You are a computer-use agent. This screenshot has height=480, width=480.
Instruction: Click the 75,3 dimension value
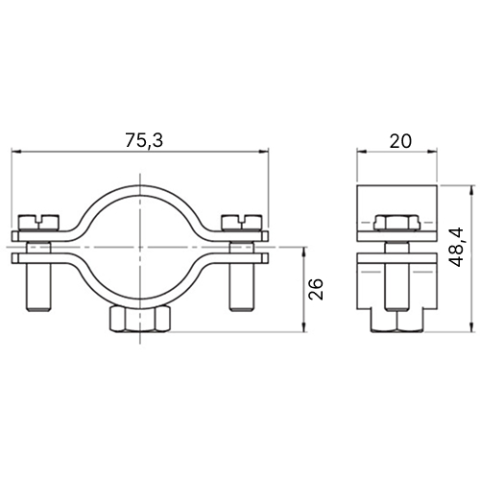pyautogui.click(x=144, y=140)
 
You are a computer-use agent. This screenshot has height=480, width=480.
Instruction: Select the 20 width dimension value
pyautogui.click(x=400, y=141)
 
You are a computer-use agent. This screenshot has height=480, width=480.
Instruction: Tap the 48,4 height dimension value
pyautogui.click(x=456, y=247)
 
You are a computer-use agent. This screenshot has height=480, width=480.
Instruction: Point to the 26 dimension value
pyautogui.click(x=316, y=289)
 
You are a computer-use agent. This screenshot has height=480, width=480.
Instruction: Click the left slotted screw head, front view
pyautogui.click(x=39, y=223)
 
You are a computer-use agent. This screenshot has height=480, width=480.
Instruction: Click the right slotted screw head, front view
pyautogui.click(x=242, y=223)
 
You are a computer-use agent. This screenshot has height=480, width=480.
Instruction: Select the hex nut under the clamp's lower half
pyautogui.click(x=139, y=320)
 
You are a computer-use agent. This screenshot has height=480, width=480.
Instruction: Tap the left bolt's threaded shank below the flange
pyautogui.click(x=38, y=287)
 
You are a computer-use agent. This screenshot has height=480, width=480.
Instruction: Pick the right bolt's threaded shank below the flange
pyautogui.click(x=242, y=287)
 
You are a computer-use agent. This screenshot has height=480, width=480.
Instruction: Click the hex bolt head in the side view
pyautogui.click(x=396, y=223)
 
